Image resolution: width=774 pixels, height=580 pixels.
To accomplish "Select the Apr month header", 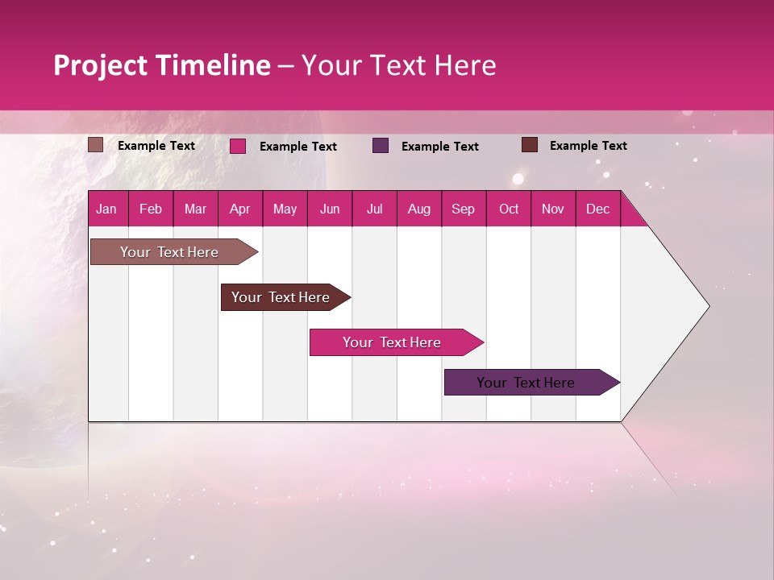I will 240,209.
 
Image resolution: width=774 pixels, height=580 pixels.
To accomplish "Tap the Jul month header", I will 375,209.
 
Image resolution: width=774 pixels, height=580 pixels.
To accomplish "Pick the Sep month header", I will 464,209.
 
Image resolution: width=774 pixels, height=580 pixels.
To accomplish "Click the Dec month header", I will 598,209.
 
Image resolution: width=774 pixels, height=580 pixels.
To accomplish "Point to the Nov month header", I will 553,209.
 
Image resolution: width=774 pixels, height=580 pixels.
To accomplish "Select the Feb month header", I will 151,209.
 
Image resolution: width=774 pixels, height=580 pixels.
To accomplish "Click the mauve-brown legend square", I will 96,145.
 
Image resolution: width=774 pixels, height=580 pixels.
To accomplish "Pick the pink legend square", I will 238,146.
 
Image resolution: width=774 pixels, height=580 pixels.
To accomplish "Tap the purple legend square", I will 381,145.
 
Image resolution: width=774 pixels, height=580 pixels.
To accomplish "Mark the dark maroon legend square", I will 530,145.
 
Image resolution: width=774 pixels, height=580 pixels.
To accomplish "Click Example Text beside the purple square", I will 439,147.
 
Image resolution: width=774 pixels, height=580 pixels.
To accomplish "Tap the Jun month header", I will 330,209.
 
